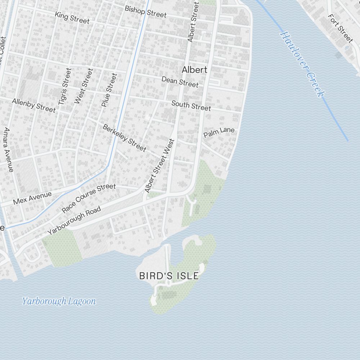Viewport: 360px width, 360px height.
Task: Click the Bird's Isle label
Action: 169,276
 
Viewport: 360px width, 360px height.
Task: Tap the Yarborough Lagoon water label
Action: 59,301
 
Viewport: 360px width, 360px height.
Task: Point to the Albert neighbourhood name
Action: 194,70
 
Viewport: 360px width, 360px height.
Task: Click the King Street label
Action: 72,18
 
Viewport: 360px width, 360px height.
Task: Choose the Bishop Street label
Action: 145,12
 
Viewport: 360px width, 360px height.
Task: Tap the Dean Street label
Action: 180,82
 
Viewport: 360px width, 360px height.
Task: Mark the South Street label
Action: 191,105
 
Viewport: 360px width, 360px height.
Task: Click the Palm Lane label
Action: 219,132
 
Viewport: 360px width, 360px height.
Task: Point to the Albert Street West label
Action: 159,166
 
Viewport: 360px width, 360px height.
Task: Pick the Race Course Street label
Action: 89,198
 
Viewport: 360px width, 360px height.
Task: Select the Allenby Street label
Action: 34,105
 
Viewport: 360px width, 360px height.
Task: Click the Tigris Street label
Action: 65,86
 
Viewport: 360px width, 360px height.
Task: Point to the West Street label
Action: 84,86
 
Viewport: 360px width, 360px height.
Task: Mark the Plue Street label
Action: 109,90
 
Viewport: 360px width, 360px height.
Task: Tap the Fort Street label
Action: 341,28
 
